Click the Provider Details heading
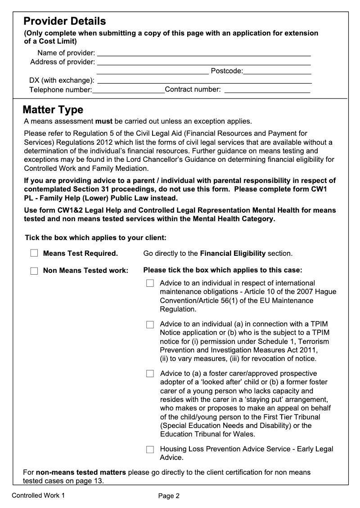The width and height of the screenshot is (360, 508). (64, 21)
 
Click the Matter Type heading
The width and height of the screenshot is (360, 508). (53, 110)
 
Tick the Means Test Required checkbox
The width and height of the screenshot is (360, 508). (34, 254)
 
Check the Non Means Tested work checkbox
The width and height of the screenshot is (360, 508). (34, 271)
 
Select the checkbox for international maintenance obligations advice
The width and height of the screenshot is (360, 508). (150, 283)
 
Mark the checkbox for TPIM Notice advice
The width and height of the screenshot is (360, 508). (150, 325)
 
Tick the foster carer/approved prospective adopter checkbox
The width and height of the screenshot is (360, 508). (150, 374)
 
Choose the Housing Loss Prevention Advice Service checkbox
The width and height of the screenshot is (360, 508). (150, 449)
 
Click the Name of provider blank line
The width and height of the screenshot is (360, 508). (204, 53)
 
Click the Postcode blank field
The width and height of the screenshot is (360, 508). (277, 71)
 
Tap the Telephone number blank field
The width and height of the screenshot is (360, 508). (129, 90)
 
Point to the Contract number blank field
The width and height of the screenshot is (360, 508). (267, 90)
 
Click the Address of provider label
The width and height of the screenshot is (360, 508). (63, 62)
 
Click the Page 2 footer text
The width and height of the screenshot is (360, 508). (169, 496)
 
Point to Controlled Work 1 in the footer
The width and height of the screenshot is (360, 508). (38, 496)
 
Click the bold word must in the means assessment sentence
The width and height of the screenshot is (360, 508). (103, 121)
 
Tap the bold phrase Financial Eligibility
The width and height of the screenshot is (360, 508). (233, 254)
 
